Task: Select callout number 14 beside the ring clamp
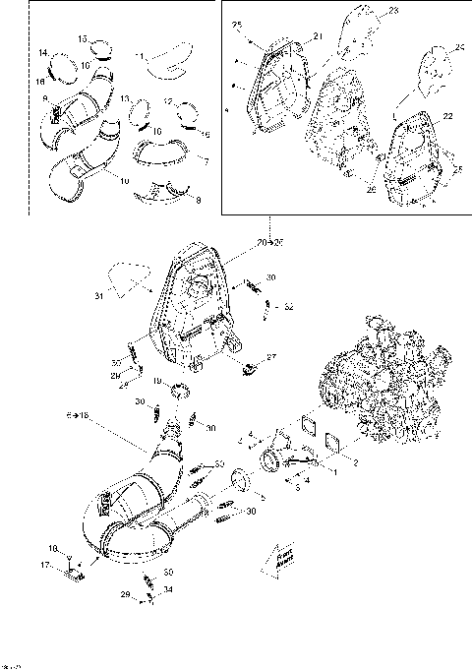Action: coord(44,51)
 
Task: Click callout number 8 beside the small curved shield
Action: coord(199,200)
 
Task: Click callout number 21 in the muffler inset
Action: coord(319,35)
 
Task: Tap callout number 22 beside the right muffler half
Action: coord(446,117)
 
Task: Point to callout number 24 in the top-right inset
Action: coord(460,46)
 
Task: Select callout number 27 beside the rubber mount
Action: coord(271,358)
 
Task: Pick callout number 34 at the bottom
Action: coord(168,589)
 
